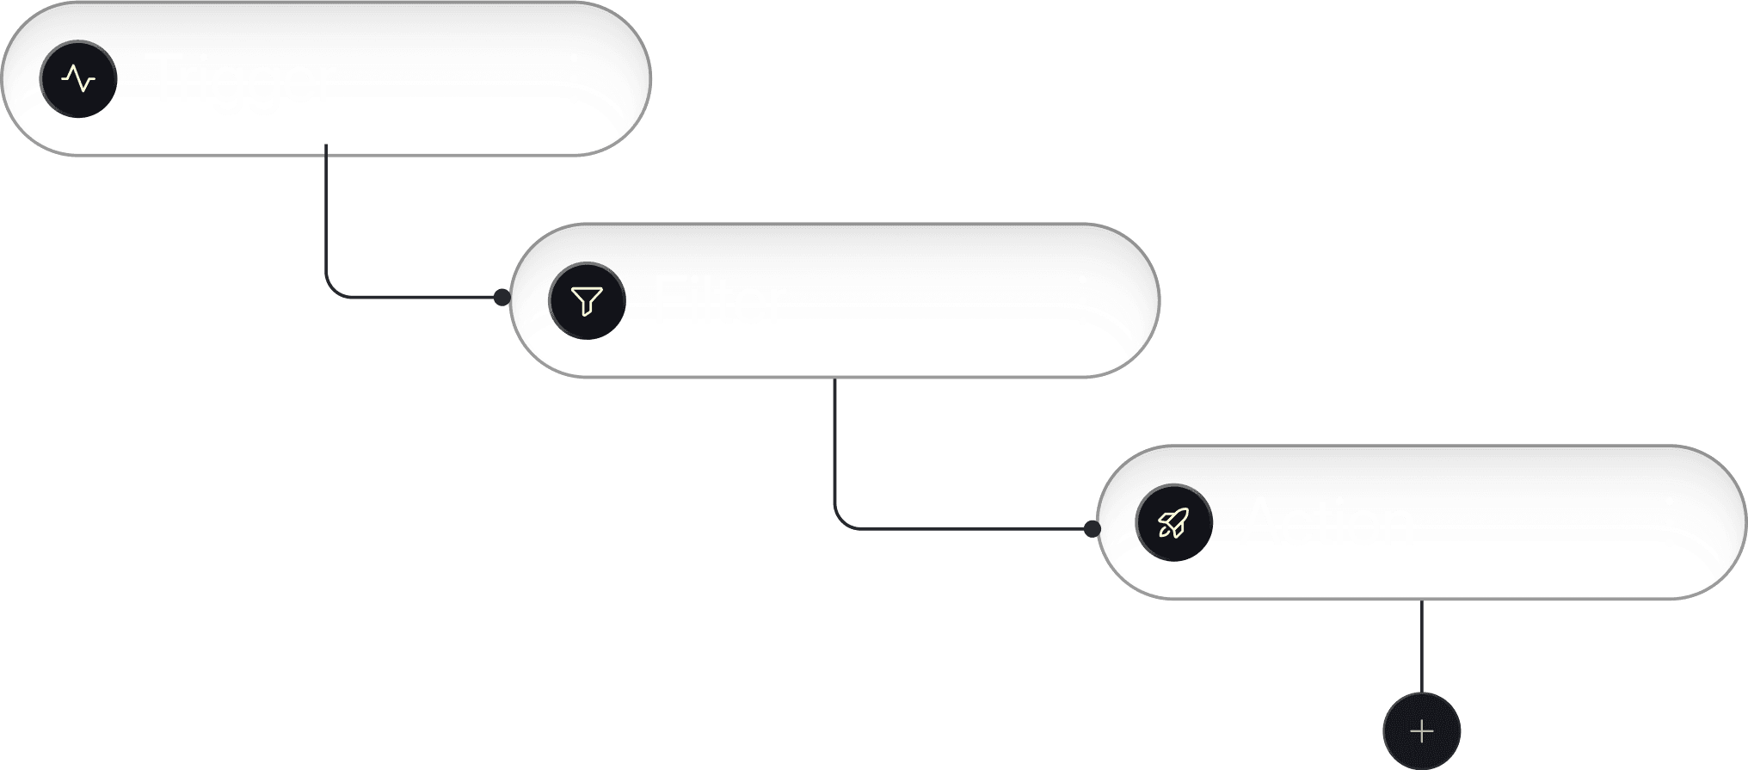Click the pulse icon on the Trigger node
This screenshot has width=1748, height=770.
(x=78, y=79)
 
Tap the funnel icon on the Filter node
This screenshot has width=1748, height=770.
(x=588, y=301)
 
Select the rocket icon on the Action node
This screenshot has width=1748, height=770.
(x=1173, y=523)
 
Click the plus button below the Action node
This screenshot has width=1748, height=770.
(x=1422, y=731)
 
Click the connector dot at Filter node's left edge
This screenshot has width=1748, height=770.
(x=502, y=298)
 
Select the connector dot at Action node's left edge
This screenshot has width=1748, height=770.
(x=1092, y=528)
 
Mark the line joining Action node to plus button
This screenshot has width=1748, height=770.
(x=1422, y=645)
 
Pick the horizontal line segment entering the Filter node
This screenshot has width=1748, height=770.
(x=413, y=298)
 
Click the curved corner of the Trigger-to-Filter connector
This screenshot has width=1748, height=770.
(x=332, y=292)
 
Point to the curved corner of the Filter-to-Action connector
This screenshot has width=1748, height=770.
(x=840, y=522)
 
